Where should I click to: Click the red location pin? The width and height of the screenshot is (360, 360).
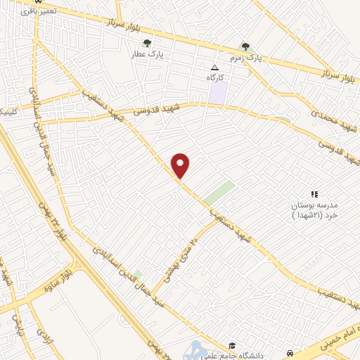[x=181, y=165]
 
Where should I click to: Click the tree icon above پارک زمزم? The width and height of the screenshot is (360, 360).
[x=245, y=46]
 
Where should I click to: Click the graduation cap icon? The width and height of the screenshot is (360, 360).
[x=232, y=346]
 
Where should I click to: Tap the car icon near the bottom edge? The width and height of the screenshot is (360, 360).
[x=290, y=352]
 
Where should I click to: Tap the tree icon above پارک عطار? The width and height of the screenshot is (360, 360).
[x=147, y=44]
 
